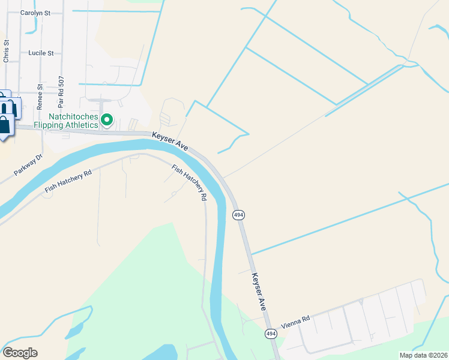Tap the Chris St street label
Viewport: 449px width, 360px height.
point(6,52)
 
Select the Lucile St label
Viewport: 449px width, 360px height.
point(41,53)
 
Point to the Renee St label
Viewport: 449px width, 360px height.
point(40,94)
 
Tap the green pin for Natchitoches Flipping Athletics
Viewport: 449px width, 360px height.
point(107,120)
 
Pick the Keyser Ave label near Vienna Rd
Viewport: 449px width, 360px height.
point(259,291)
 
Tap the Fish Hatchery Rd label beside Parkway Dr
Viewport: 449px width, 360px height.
point(68,182)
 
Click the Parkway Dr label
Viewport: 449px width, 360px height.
point(29,166)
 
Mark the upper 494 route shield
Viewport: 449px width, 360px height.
point(238,214)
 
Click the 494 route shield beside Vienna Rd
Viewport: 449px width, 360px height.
point(271,334)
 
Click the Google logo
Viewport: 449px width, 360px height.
point(20,353)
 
